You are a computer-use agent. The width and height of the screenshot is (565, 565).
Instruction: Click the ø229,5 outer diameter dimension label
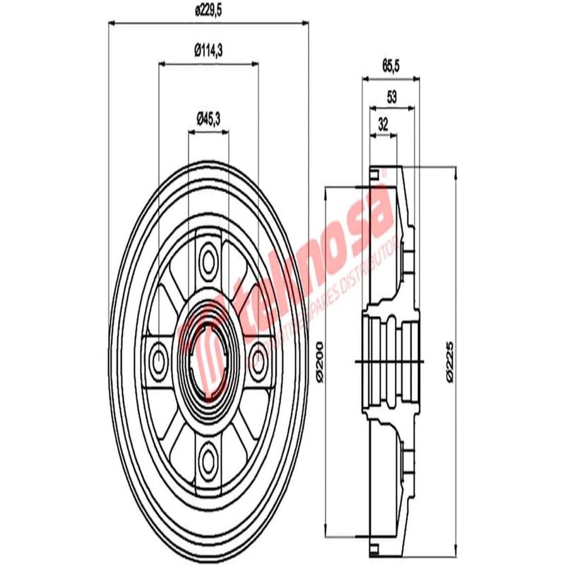point(208,11)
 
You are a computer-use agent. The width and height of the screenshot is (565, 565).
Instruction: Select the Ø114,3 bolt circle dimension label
point(209,49)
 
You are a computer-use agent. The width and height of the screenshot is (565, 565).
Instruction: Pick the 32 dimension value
point(383,124)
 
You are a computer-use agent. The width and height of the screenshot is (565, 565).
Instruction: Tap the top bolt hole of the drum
point(208,259)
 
